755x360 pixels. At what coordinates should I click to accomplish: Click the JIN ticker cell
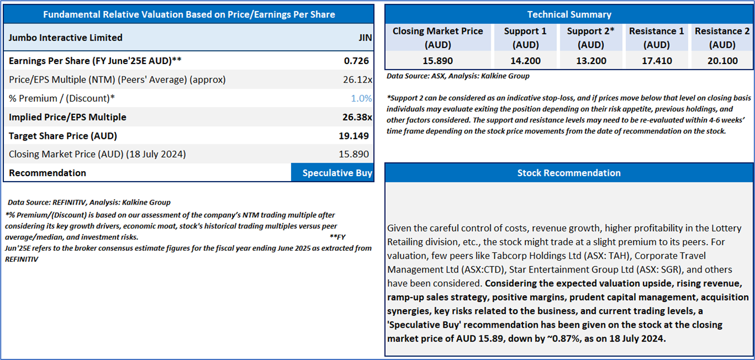click(x=365, y=38)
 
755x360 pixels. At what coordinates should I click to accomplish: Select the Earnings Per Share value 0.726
click(x=356, y=61)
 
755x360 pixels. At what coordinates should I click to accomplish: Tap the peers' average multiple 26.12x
click(x=357, y=80)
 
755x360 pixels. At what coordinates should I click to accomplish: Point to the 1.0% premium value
click(x=361, y=99)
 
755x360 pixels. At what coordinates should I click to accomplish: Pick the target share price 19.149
click(x=356, y=136)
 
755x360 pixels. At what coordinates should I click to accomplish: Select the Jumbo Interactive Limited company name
click(x=66, y=38)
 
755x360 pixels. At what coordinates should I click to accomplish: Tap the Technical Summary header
click(x=569, y=14)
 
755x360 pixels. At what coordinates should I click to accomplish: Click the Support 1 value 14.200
click(x=525, y=61)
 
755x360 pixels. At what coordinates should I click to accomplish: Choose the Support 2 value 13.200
click(x=591, y=61)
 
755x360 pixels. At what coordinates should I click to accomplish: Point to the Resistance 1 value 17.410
click(x=656, y=61)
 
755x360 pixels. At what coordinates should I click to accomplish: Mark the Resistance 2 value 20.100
click(x=722, y=61)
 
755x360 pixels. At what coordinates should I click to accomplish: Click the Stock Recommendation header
click(x=569, y=173)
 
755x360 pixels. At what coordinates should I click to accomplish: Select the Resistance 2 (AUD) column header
click(x=722, y=38)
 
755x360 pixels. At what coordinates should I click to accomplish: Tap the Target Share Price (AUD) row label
click(x=63, y=136)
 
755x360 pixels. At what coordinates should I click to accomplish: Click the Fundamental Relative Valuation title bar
click(x=189, y=14)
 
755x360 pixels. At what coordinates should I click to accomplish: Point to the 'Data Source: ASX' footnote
click(x=458, y=76)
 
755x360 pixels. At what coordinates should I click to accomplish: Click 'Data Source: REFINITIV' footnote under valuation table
click(x=89, y=202)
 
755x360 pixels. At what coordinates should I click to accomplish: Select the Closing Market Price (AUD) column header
click(x=438, y=38)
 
